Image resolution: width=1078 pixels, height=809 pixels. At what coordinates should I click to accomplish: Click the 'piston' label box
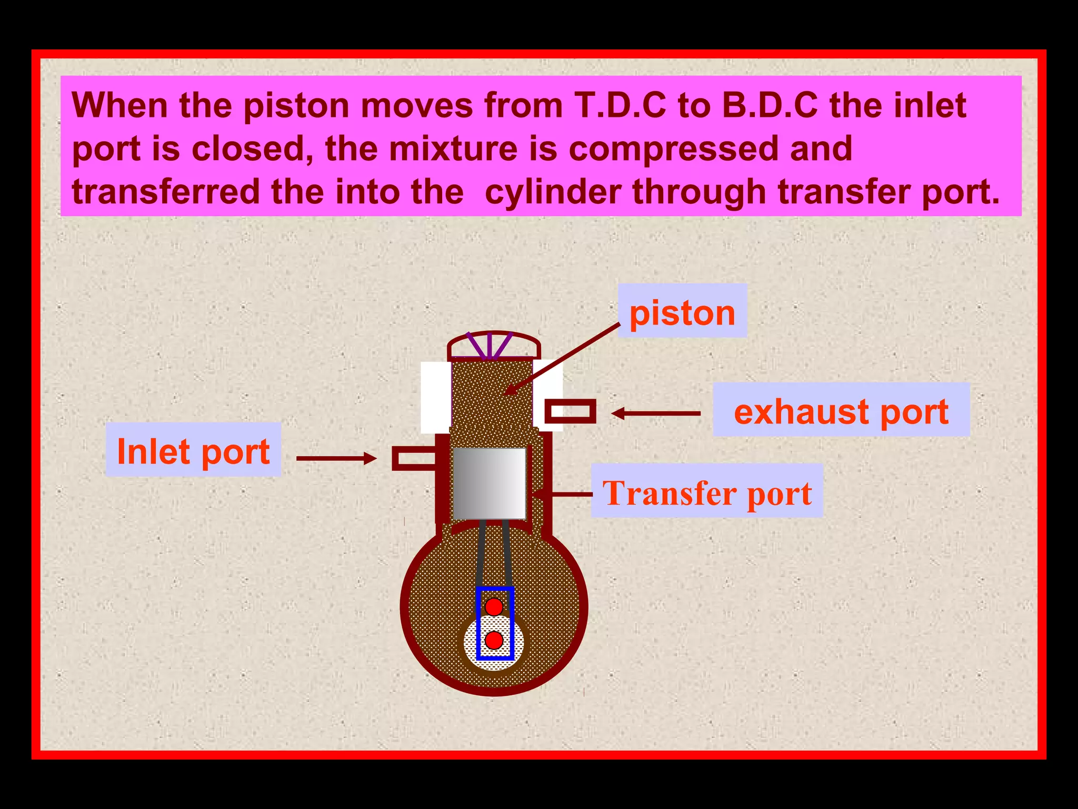pos(682,311)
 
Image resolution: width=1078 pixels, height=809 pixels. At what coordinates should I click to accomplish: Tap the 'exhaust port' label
pos(841,410)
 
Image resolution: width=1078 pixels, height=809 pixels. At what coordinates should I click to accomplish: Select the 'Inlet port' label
pos(193,450)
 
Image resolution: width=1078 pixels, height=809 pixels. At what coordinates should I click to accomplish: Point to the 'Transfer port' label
pos(707,491)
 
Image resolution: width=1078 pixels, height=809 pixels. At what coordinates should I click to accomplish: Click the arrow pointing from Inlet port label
pos(337,458)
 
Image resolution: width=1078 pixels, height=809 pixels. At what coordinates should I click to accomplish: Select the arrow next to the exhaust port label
pos(656,413)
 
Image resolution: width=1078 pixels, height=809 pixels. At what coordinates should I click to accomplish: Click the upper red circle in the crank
pos(494,607)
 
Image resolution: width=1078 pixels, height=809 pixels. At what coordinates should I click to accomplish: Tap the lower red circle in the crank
pos(494,640)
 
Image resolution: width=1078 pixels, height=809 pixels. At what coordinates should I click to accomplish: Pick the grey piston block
pos(490,483)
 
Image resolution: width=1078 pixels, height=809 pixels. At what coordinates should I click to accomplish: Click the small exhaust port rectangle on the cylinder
pos(570,411)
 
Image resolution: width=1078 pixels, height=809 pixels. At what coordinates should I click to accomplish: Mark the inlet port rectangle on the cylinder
pos(414,458)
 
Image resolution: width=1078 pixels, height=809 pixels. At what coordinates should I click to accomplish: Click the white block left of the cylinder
pos(436,397)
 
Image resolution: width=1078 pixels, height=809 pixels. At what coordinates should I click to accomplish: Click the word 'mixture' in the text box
pos(453,149)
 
